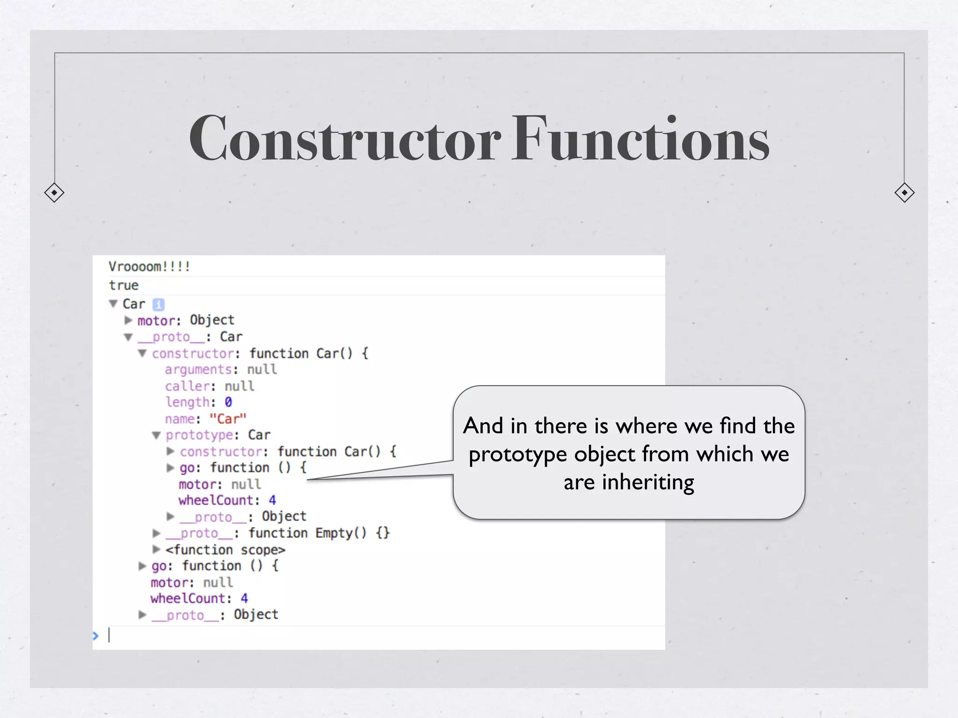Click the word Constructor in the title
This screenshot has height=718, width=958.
pos(345,139)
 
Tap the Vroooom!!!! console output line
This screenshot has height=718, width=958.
pos(149,267)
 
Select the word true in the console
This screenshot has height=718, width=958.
pos(124,285)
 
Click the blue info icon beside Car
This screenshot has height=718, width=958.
pos(159,304)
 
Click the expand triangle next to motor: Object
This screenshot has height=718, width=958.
pos(128,320)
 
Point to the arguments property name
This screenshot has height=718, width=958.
pos(198,370)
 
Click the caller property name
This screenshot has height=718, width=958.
pos(187,386)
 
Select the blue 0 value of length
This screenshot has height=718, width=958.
pos(228,402)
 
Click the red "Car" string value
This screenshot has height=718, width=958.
pos(228,419)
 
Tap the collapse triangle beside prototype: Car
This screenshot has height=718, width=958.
pos(156,435)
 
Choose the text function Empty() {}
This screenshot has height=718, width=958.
pos(319,533)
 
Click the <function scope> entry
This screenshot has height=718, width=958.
pos(225,550)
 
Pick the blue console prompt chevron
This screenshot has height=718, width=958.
pos(96,636)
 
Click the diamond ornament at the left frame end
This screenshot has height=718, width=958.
pos(54,193)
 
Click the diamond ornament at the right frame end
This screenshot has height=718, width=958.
pos(904,193)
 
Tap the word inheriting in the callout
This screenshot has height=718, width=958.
pos(648,482)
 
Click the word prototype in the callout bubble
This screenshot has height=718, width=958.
pos(519,454)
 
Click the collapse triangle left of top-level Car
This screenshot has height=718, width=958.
pos(113,304)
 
